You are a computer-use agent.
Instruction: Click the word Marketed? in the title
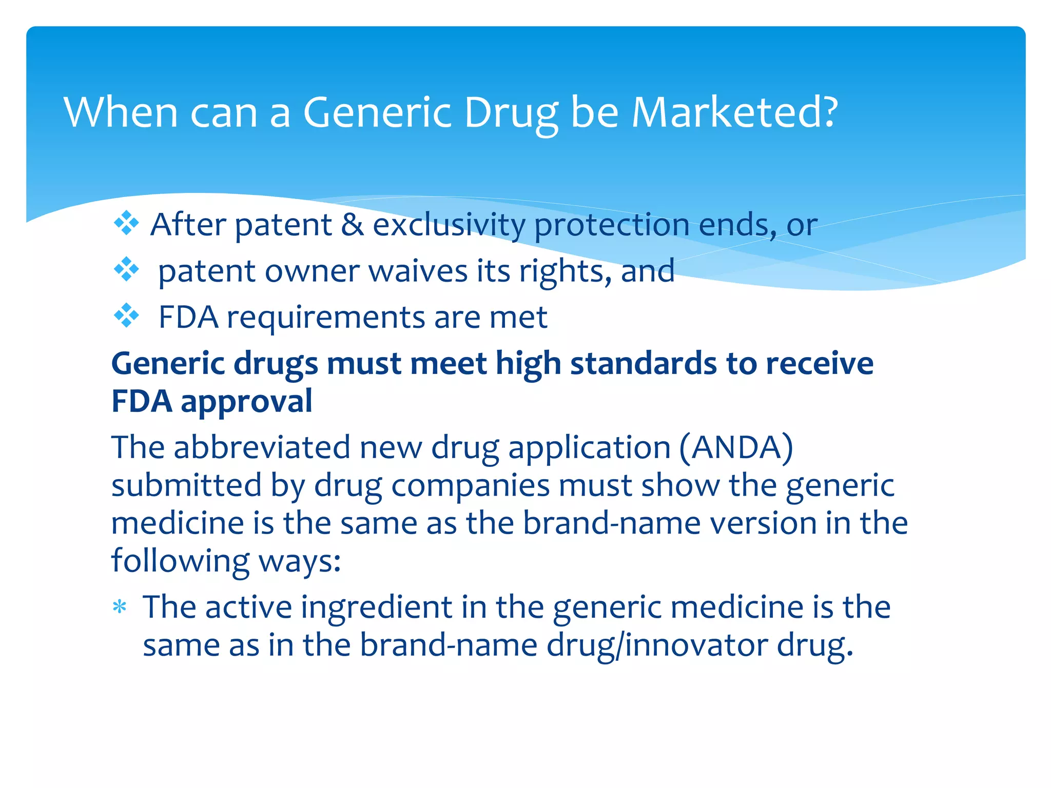[735, 112]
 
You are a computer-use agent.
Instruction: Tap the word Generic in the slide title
[377, 112]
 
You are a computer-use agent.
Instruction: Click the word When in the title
[121, 112]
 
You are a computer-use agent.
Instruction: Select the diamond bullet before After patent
[126, 224]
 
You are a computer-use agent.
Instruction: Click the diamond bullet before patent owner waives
[126, 270]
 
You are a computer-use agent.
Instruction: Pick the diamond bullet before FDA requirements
[126, 316]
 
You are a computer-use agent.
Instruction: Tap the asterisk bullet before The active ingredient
[120, 608]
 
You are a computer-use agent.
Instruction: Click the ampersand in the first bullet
[352, 225]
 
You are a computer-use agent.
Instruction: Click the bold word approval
[246, 402]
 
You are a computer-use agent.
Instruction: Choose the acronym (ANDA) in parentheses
[736, 447]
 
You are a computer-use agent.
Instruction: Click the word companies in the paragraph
[470, 486]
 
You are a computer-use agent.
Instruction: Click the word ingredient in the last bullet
[376, 608]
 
